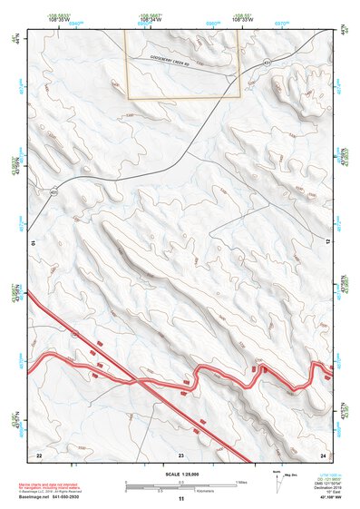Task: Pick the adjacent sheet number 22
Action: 39,452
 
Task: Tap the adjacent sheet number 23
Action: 180,452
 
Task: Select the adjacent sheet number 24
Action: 322,452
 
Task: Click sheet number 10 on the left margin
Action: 34,242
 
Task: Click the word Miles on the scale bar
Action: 242,482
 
